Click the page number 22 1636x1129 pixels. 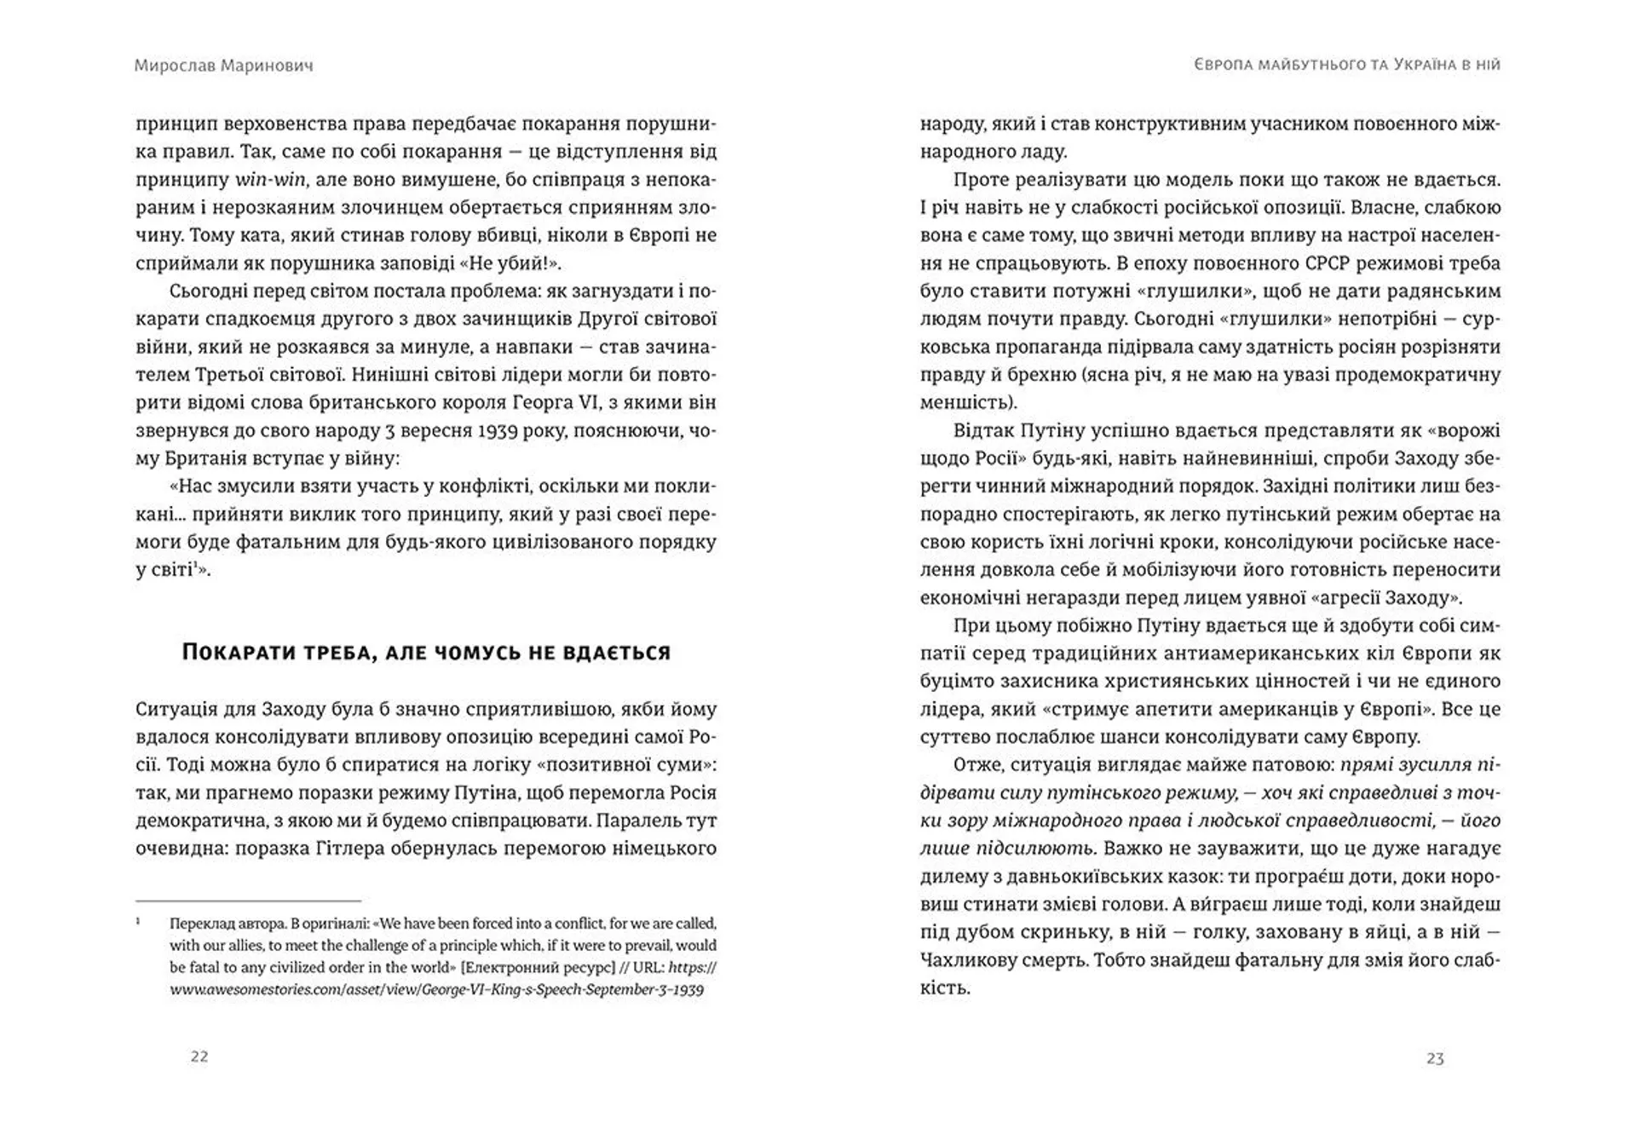[199, 1057]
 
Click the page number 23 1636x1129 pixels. [1435, 1058]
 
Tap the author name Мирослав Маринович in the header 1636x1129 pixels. [223, 66]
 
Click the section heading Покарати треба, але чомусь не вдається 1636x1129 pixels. [426, 653]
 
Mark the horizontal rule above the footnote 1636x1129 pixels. [248, 901]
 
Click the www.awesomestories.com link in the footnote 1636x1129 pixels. [436, 990]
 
